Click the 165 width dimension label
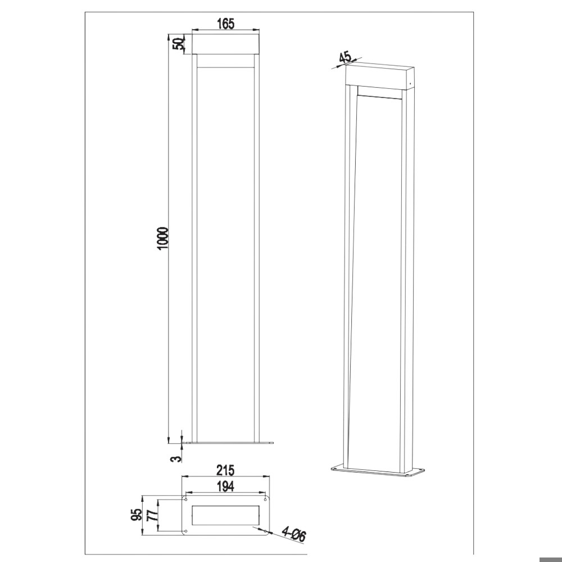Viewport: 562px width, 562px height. [x=225, y=24]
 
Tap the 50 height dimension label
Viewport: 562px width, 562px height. [x=179, y=44]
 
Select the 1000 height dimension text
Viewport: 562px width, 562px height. [x=162, y=238]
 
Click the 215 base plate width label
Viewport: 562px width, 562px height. [x=225, y=470]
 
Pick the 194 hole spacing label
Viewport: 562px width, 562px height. [x=226, y=487]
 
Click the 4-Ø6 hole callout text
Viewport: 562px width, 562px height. [x=294, y=533]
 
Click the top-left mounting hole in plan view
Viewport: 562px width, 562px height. [x=186, y=499]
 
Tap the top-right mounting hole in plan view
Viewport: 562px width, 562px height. [x=265, y=499]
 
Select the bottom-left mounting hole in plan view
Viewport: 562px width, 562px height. [x=186, y=531]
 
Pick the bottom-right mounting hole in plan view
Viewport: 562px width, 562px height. [x=265, y=531]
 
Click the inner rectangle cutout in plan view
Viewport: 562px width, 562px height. [x=225, y=515]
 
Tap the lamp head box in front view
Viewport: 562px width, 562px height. [x=225, y=44]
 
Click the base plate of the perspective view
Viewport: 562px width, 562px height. [x=378, y=472]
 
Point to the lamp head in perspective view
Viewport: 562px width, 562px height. [x=380, y=75]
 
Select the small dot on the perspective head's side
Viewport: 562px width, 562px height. [x=411, y=84]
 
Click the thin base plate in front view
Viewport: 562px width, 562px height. [x=229, y=443]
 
